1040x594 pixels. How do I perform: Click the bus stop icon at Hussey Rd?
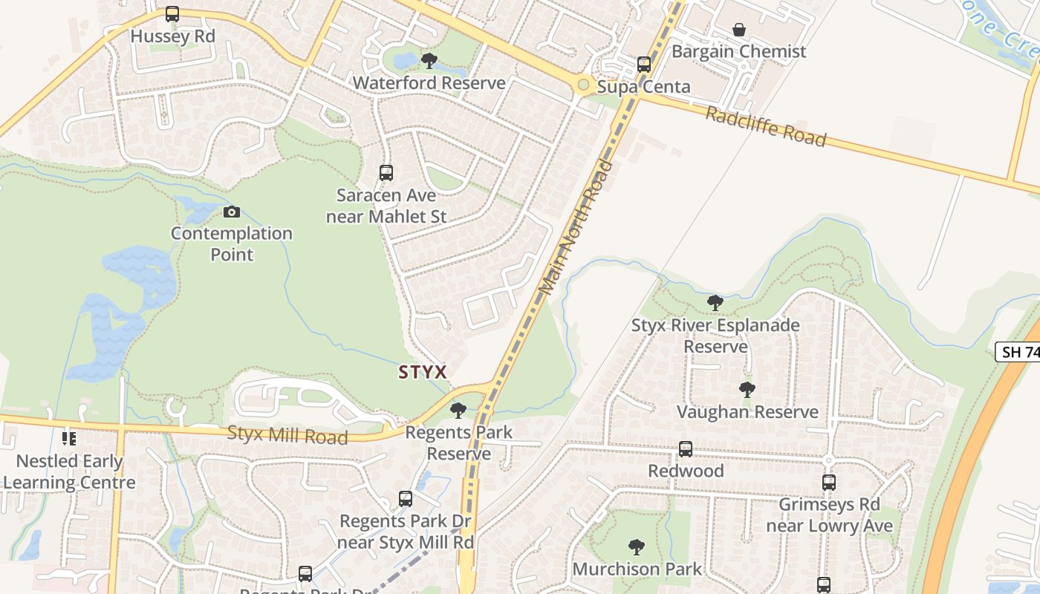click(x=172, y=14)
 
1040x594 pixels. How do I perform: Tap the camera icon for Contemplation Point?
click(x=232, y=212)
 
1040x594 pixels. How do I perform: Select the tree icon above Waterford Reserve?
click(x=429, y=61)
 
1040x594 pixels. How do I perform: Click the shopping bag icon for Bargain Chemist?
click(x=739, y=30)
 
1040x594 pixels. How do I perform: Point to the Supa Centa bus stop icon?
click(x=644, y=65)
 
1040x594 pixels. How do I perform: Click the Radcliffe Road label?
click(x=765, y=127)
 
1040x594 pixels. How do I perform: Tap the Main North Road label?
click(x=579, y=227)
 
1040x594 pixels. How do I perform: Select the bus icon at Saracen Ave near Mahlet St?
click(x=386, y=173)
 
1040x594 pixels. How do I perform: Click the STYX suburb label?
click(x=423, y=372)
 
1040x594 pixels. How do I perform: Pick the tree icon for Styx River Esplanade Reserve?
click(x=715, y=303)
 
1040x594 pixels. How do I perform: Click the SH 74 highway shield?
click(x=1019, y=352)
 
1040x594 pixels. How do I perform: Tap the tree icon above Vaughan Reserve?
click(x=747, y=390)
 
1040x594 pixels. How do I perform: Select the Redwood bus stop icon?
click(x=686, y=449)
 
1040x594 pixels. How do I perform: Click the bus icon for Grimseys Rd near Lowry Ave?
click(x=829, y=483)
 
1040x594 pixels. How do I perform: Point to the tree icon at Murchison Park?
click(x=637, y=547)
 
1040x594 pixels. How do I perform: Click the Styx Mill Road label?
click(x=287, y=435)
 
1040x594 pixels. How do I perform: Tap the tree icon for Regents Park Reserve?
click(x=458, y=410)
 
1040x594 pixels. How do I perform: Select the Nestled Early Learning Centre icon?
click(x=69, y=439)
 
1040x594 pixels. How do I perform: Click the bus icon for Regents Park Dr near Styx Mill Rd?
click(x=406, y=499)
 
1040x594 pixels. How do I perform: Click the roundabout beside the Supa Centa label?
click(x=584, y=86)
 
